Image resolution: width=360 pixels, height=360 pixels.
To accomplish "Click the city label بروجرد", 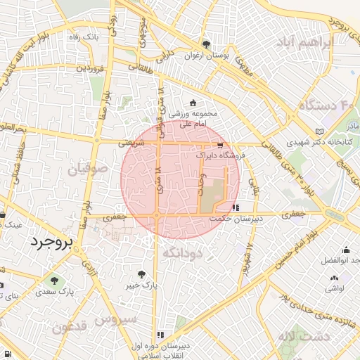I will tap(51, 243).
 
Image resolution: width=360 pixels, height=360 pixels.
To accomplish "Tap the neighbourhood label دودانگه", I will tap(182, 252).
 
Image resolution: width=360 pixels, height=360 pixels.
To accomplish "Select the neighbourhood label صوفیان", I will tap(88, 169).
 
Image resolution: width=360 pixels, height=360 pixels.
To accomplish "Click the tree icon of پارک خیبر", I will tap(142, 274).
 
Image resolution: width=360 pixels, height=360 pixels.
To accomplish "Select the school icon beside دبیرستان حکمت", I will tap(236, 207).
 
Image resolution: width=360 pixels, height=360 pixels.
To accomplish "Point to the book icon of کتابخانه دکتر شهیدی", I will tap(321, 131).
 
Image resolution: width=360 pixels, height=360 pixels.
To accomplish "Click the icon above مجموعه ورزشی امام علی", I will tap(193, 103).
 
